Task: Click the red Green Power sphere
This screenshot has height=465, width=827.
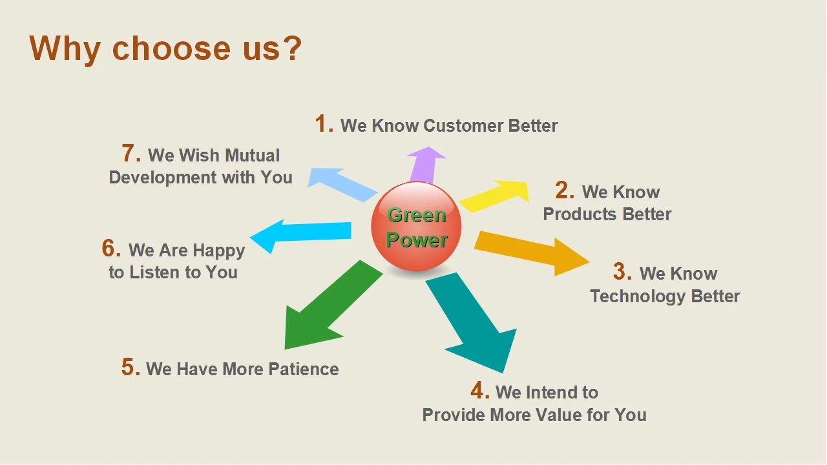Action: [x=416, y=227]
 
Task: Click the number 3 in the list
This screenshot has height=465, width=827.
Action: [x=622, y=272]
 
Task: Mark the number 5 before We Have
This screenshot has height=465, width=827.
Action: [x=130, y=367]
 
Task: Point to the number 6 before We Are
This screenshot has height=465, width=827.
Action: [x=110, y=249]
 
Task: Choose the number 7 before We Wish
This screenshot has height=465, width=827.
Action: [x=131, y=154]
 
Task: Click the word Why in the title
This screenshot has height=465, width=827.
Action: [x=65, y=48]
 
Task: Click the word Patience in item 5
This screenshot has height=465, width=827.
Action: [x=303, y=369]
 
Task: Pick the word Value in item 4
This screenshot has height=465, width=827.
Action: [x=558, y=415]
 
